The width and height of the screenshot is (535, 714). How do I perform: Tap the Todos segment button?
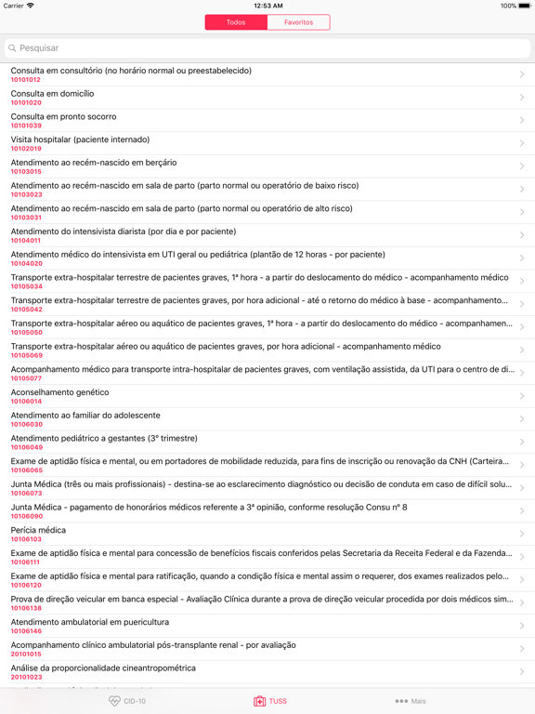click(x=236, y=22)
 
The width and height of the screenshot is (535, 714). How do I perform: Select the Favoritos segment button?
click(x=298, y=22)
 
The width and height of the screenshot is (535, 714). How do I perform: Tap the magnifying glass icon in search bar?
click(x=13, y=47)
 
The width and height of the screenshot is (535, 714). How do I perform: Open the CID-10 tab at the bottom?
click(x=127, y=701)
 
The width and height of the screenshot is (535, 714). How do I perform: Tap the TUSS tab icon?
click(x=260, y=701)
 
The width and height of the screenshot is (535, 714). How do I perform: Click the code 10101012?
click(x=26, y=80)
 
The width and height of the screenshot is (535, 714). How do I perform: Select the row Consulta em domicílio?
click(x=52, y=94)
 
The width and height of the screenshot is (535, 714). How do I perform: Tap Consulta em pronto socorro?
click(x=63, y=117)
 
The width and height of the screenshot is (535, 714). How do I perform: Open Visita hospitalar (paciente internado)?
click(x=80, y=139)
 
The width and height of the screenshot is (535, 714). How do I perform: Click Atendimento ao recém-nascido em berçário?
click(x=94, y=163)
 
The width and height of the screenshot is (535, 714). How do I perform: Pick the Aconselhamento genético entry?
click(x=59, y=392)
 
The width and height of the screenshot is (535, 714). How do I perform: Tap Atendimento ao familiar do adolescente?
click(x=85, y=416)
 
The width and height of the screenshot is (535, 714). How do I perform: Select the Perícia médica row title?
click(x=38, y=530)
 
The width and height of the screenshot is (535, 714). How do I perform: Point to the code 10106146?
click(x=26, y=631)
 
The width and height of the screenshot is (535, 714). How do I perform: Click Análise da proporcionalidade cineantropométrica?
click(x=103, y=668)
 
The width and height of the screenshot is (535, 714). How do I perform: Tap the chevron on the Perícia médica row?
click(x=522, y=534)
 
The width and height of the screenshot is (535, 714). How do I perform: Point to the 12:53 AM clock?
click(x=267, y=6)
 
